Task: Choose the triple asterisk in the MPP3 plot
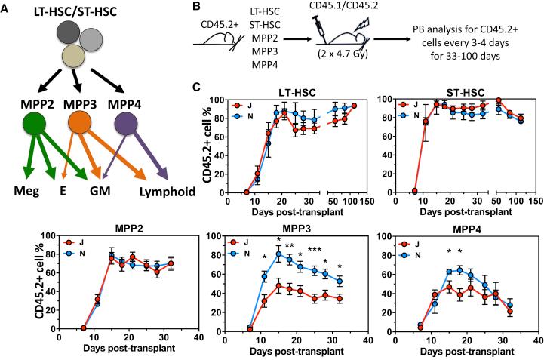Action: coord(314,270)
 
